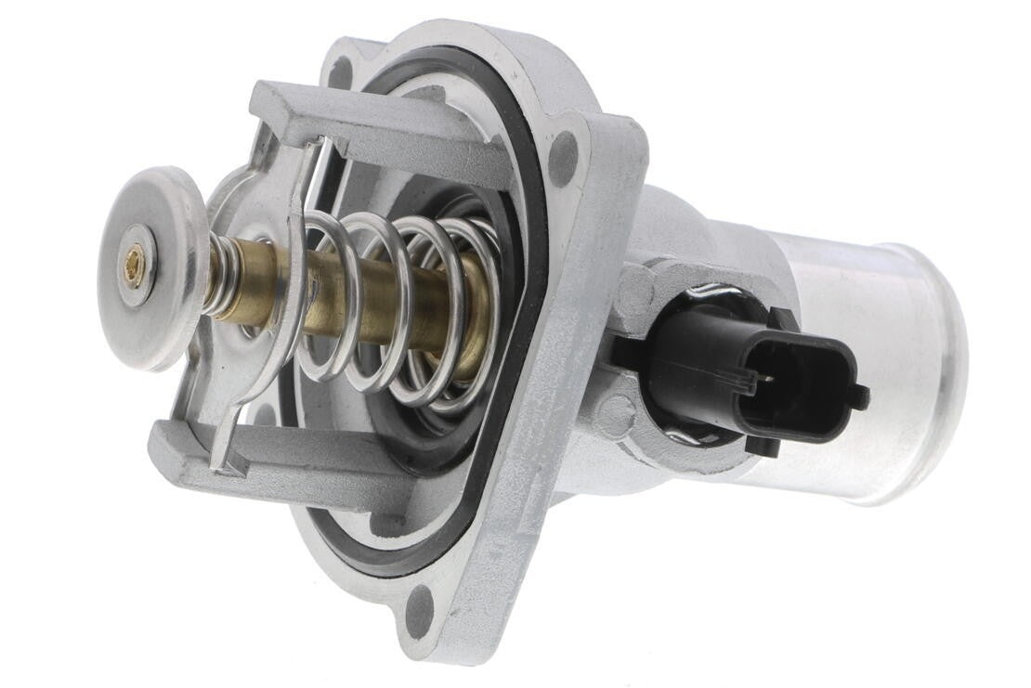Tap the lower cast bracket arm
click(x=279, y=464)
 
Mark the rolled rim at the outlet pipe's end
click(x=938, y=371)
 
